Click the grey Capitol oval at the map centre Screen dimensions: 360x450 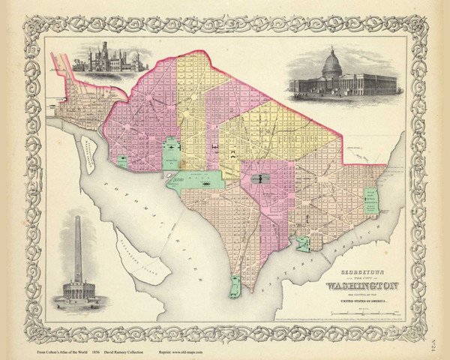point(260,178)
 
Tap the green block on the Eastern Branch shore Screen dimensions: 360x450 point(303,244)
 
